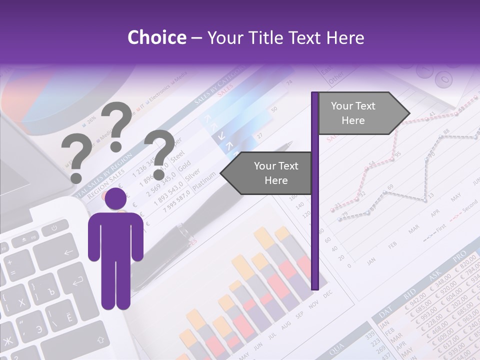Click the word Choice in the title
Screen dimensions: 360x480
[156, 38]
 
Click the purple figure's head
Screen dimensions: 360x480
[116, 198]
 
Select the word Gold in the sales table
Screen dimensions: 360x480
[184, 164]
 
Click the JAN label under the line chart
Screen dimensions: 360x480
[371, 261]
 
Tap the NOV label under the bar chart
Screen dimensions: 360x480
[313, 304]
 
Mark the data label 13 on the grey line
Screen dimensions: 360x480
[431, 193]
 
